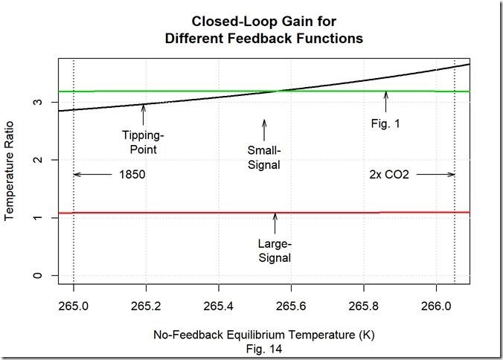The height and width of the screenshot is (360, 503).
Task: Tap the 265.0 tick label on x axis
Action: point(74,306)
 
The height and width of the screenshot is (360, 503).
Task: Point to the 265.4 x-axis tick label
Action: point(219,306)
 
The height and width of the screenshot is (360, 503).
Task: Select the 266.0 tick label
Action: point(436,306)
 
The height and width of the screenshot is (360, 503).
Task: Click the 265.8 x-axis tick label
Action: point(364,306)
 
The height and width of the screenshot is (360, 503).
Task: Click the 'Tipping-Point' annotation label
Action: point(142,143)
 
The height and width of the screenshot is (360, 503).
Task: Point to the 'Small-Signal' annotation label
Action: point(264,158)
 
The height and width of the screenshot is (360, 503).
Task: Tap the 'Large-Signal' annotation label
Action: point(275,251)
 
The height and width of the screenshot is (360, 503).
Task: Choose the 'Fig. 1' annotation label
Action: point(385,123)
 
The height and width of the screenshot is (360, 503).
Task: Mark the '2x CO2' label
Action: point(389,175)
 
